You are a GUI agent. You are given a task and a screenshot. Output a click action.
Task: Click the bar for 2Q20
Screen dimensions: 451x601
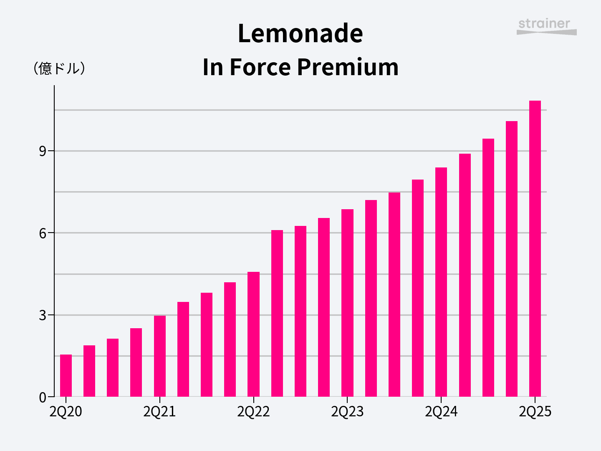pos(66,375)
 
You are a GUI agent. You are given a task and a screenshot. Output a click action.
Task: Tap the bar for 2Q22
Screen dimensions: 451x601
pos(253,334)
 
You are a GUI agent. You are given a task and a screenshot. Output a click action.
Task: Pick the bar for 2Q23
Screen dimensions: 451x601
pos(347,303)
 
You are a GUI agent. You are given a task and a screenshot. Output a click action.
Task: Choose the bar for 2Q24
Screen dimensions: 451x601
pos(441,282)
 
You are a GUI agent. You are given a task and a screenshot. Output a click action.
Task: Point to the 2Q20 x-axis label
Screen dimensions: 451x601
pos(66,412)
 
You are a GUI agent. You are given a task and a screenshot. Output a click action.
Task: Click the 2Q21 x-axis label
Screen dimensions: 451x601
pos(160,412)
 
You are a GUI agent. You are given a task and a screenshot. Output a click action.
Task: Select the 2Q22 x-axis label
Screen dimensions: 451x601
pos(253,412)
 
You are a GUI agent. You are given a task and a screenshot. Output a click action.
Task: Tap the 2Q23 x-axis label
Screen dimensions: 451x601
pos(347,412)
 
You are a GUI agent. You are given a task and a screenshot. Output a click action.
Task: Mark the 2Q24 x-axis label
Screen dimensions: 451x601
pos(441,412)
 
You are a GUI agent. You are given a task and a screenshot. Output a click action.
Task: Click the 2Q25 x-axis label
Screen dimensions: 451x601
pos(535,412)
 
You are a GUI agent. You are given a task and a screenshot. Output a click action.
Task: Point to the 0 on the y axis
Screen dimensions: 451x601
pos(43,397)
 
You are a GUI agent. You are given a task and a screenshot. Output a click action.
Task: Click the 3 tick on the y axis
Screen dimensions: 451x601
pos(43,315)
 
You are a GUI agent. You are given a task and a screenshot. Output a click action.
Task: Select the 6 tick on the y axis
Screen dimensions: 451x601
pos(43,233)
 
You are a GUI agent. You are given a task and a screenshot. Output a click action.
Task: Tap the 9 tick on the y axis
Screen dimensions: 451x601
pos(43,151)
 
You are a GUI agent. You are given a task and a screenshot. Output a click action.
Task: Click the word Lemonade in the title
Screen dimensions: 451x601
pos(300,33)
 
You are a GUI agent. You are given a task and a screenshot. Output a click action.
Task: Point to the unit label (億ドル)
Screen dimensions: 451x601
pos(59,68)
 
